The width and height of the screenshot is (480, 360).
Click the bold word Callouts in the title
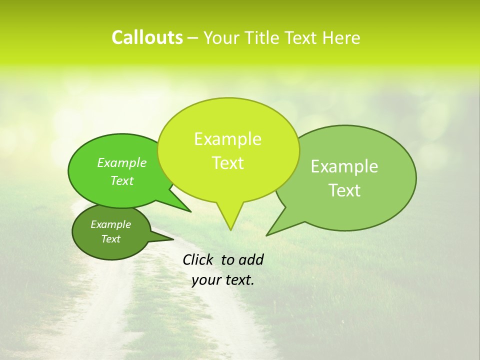coord(147,37)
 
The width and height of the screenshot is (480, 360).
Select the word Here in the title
coord(342,38)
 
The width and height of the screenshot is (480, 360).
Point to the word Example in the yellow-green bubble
coord(227,139)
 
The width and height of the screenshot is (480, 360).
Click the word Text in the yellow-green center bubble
coord(227,163)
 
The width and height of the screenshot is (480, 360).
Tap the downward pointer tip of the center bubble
coord(230,229)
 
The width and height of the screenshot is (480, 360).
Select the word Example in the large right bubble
coord(344,166)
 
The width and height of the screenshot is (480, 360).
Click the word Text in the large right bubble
coord(344,190)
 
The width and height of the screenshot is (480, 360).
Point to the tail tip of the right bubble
coord(267,235)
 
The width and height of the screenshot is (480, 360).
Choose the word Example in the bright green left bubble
coord(122,162)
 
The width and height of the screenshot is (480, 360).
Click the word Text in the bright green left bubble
coord(122,180)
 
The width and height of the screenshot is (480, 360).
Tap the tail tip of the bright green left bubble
coord(190,211)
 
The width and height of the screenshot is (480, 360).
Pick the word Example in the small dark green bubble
coord(111,224)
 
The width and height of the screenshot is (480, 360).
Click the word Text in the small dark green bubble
coord(111,239)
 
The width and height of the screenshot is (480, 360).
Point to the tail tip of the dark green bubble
coord(173,239)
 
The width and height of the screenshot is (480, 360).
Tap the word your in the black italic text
coord(205,280)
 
